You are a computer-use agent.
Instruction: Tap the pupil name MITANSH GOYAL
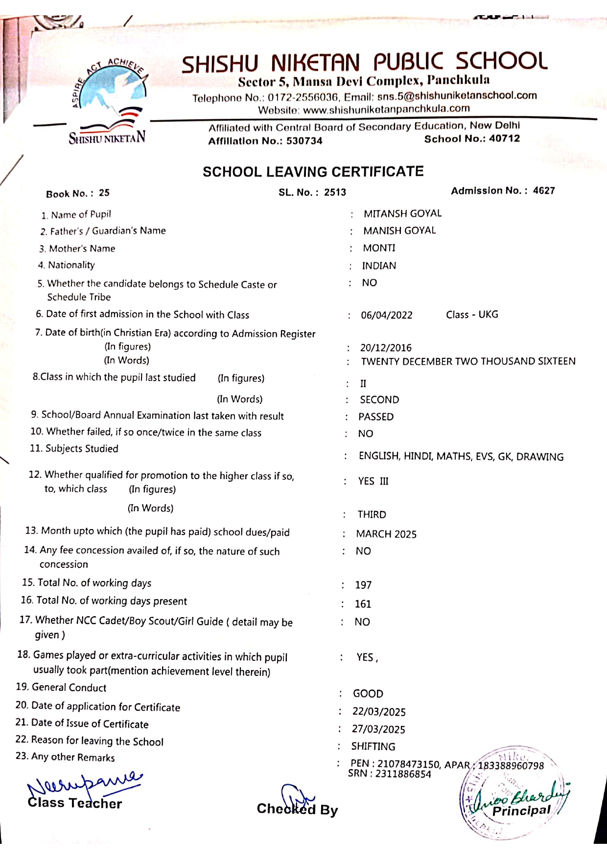(x=402, y=213)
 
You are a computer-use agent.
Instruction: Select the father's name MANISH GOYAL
(x=399, y=231)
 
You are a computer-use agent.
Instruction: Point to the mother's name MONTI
(x=379, y=248)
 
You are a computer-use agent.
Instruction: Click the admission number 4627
(x=544, y=190)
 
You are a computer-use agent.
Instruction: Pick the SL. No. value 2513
(x=335, y=192)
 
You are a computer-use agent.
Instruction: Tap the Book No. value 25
(x=104, y=193)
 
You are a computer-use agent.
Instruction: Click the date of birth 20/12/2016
(x=386, y=348)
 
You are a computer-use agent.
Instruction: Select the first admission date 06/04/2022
(x=387, y=315)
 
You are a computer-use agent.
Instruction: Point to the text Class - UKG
(x=472, y=314)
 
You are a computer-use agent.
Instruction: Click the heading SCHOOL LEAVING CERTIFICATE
(x=313, y=172)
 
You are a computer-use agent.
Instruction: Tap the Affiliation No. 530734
(x=304, y=141)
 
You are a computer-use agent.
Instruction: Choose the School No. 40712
(x=504, y=139)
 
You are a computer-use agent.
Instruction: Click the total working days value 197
(x=363, y=585)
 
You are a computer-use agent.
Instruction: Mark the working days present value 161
(x=363, y=604)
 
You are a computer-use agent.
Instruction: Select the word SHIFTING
(x=373, y=746)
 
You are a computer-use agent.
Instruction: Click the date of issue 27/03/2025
(x=378, y=729)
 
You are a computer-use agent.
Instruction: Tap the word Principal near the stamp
(x=521, y=811)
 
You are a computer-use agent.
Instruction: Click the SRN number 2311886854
(x=403, y=774)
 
